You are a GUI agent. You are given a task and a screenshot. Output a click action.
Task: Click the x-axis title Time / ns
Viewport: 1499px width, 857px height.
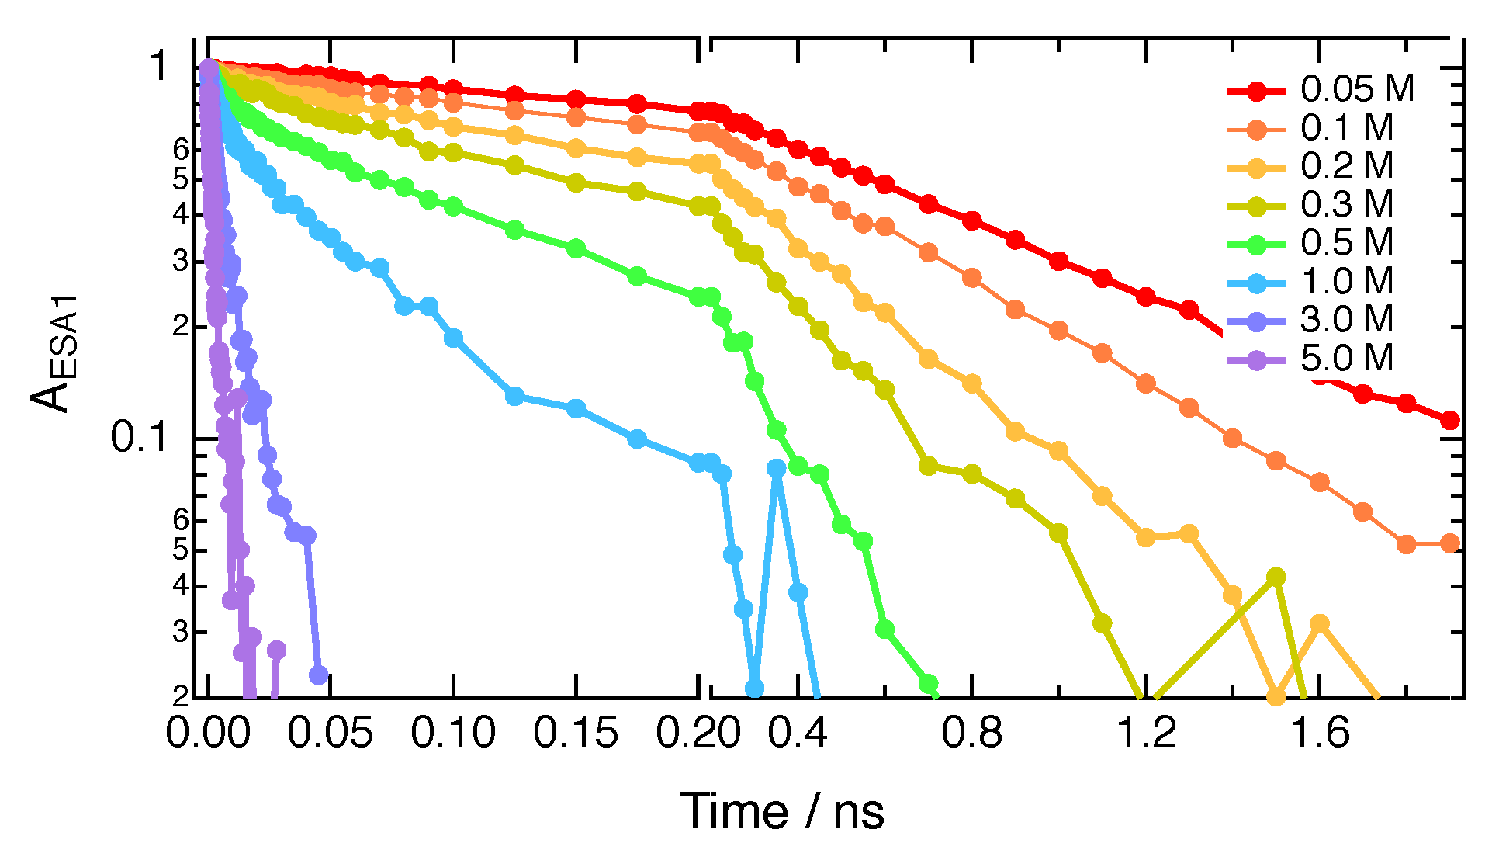coord(782,812)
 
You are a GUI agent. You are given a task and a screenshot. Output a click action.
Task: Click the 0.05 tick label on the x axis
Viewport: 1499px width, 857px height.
coord(330,734)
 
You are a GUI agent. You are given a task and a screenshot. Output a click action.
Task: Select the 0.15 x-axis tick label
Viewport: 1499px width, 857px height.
coord(576,734)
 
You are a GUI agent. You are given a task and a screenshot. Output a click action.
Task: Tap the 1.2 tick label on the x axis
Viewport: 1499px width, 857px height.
coord(1146,734)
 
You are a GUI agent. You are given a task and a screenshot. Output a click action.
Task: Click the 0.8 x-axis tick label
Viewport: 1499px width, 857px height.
coord(971,734)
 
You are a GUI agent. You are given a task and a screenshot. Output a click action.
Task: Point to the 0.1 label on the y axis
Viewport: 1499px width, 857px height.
coord(140,438)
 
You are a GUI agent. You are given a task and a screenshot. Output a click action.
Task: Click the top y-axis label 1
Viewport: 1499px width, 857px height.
coord(160,67)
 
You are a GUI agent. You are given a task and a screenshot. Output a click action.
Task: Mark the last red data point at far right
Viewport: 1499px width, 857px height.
coord(1449,420)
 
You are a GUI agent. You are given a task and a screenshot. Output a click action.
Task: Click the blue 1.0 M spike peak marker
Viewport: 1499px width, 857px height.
coord(777,468)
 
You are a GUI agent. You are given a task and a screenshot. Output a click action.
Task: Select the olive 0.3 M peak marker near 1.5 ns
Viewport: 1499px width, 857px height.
coord(1276,577)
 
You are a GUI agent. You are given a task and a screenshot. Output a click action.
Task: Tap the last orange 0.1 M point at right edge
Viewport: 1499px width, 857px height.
coord(1449,543)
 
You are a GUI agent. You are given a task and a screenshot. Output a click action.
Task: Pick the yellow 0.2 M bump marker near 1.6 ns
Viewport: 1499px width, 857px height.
coord(1320,623)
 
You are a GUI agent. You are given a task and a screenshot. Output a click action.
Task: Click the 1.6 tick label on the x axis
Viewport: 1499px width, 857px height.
coord(1320,734)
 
